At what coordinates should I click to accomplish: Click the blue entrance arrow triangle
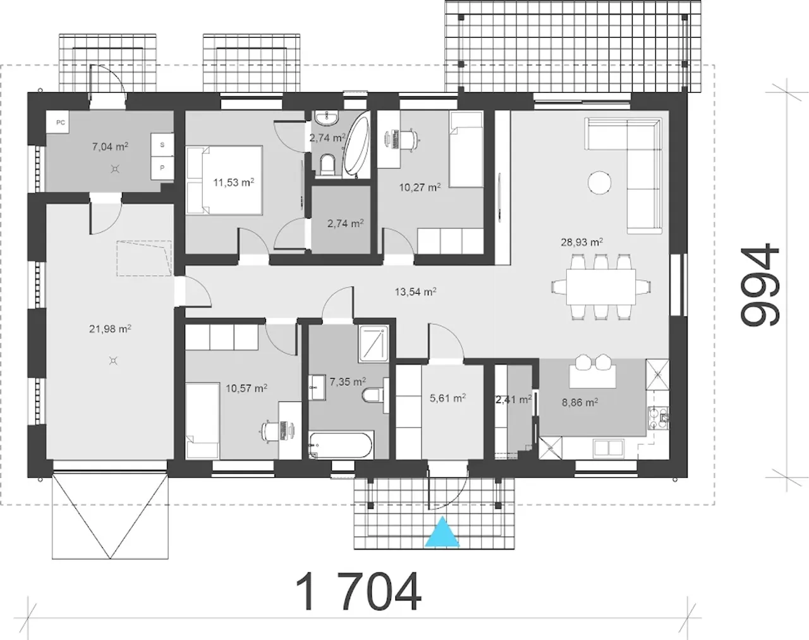[x=442, y=532]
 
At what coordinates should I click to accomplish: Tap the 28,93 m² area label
[x=581, y=242]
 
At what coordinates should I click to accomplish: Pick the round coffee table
[x=599, y=183]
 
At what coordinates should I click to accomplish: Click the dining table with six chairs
[x=601, y=286]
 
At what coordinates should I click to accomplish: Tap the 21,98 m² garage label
[x=110, y=329]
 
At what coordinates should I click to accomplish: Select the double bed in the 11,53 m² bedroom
[x=224, y=181]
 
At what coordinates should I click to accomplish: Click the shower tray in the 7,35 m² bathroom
[x=374, y=344]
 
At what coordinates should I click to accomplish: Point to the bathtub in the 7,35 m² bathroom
[x=341, y=445]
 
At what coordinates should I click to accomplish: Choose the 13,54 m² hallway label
[x=415, y=292]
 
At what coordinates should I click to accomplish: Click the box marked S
[x=162, y=145]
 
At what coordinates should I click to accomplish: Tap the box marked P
[x=162, y=168]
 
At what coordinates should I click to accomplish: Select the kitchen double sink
[x=608, y=448]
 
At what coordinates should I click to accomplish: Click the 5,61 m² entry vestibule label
[x=447, y=398]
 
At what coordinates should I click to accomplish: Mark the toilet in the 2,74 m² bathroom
[x=327, y=164]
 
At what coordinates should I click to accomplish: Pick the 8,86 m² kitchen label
[x=580, y=403]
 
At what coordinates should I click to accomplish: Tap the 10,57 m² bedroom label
[x=246, y=388]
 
